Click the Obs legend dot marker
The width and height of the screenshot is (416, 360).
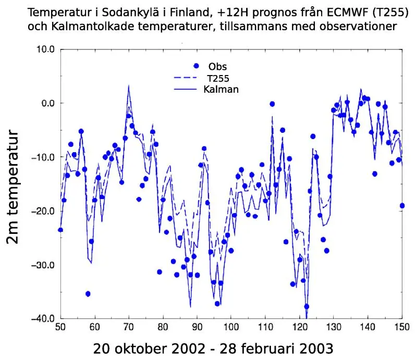pos(196,66)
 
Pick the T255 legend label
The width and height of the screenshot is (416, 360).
pos(218,78)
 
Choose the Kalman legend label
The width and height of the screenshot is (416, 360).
pos(221,89)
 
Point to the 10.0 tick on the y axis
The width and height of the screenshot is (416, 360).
pos(44,49)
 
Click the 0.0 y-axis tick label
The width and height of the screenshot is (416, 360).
pos(47,103)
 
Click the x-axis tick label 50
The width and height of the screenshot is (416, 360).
pos(60,328)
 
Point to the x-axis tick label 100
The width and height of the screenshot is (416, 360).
pos(231,328)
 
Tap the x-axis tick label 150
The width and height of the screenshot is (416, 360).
pos(402,328)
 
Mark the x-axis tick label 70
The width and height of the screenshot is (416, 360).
pos(129,328)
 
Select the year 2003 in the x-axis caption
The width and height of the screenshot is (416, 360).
pos(314,348)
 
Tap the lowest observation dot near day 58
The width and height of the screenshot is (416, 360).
pos(88,294)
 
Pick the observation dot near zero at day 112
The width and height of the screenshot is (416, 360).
pos(272,104)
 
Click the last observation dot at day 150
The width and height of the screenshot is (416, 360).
pos(402,206)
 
